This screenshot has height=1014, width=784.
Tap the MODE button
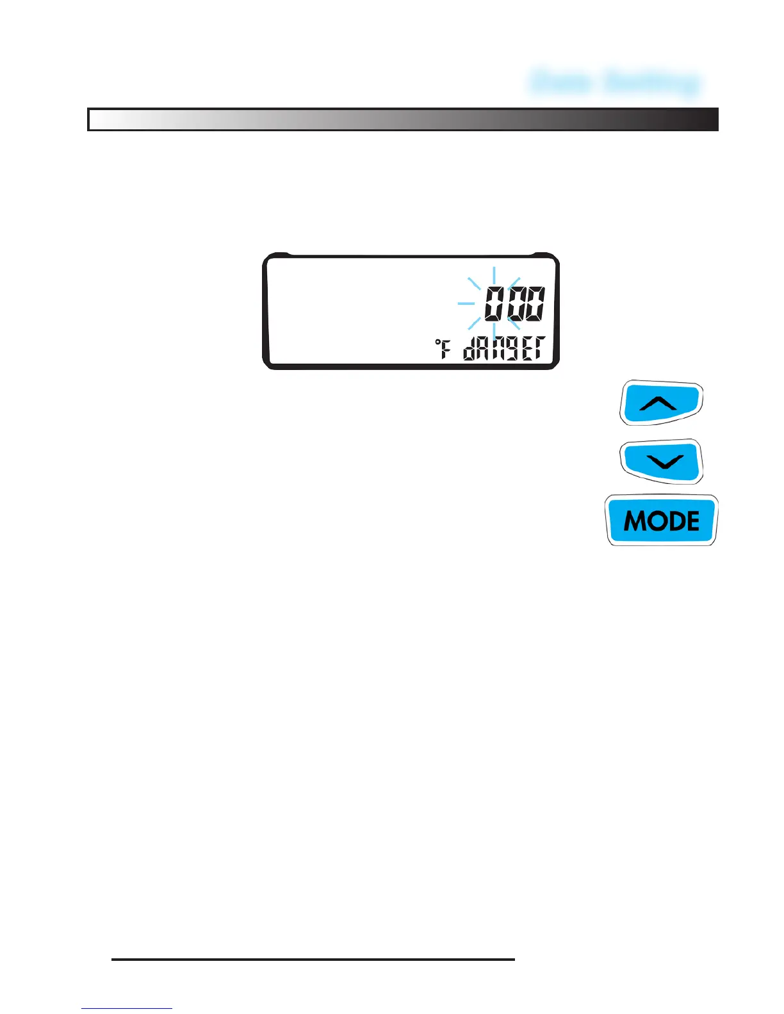(661, 520)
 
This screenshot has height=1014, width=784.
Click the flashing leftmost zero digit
(494, 304)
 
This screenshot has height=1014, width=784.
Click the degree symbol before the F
(438, 344)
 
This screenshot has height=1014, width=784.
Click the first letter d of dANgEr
(470, 350)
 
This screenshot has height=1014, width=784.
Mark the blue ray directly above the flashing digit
(494, 276)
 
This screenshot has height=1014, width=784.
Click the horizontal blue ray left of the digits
(466, 303)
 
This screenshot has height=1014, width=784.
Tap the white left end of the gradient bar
(102, 120)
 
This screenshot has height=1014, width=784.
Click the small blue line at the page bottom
(126, 1009)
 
